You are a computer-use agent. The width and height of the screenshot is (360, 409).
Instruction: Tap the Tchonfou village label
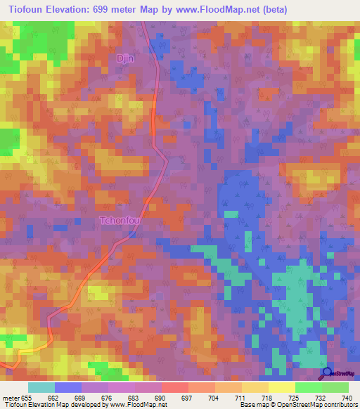[122, 221]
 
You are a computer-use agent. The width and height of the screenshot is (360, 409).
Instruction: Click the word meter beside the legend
[11, 397]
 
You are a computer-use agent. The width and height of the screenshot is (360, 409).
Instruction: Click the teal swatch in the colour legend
[41, 387]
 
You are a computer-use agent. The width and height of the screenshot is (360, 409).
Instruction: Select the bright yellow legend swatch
[281, 387]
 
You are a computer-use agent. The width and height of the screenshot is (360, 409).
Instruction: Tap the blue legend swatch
[67, 387]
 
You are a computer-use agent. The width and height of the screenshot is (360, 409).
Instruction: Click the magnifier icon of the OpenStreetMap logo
[327, 372]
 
